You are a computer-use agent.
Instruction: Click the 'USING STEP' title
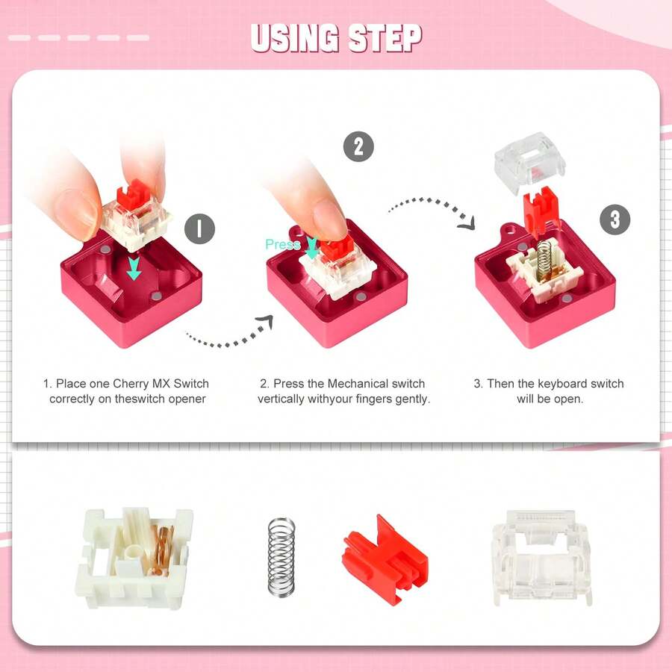pos(336,38)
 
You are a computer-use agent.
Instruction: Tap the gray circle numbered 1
pos(199,228)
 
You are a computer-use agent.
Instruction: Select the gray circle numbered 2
pos(358,146)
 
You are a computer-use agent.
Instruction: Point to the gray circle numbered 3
pos(615,220)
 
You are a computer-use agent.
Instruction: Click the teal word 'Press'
pos(282,244)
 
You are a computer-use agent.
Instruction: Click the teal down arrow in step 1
pos(134,267)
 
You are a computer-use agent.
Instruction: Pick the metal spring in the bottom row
pos(281,556)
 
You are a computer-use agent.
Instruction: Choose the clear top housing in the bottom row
pos(541,556)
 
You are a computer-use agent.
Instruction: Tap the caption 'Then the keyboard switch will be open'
pos(549,391)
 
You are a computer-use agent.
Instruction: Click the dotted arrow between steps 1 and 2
pos(228,336)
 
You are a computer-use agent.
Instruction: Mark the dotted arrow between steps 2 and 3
pos(433,209)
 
